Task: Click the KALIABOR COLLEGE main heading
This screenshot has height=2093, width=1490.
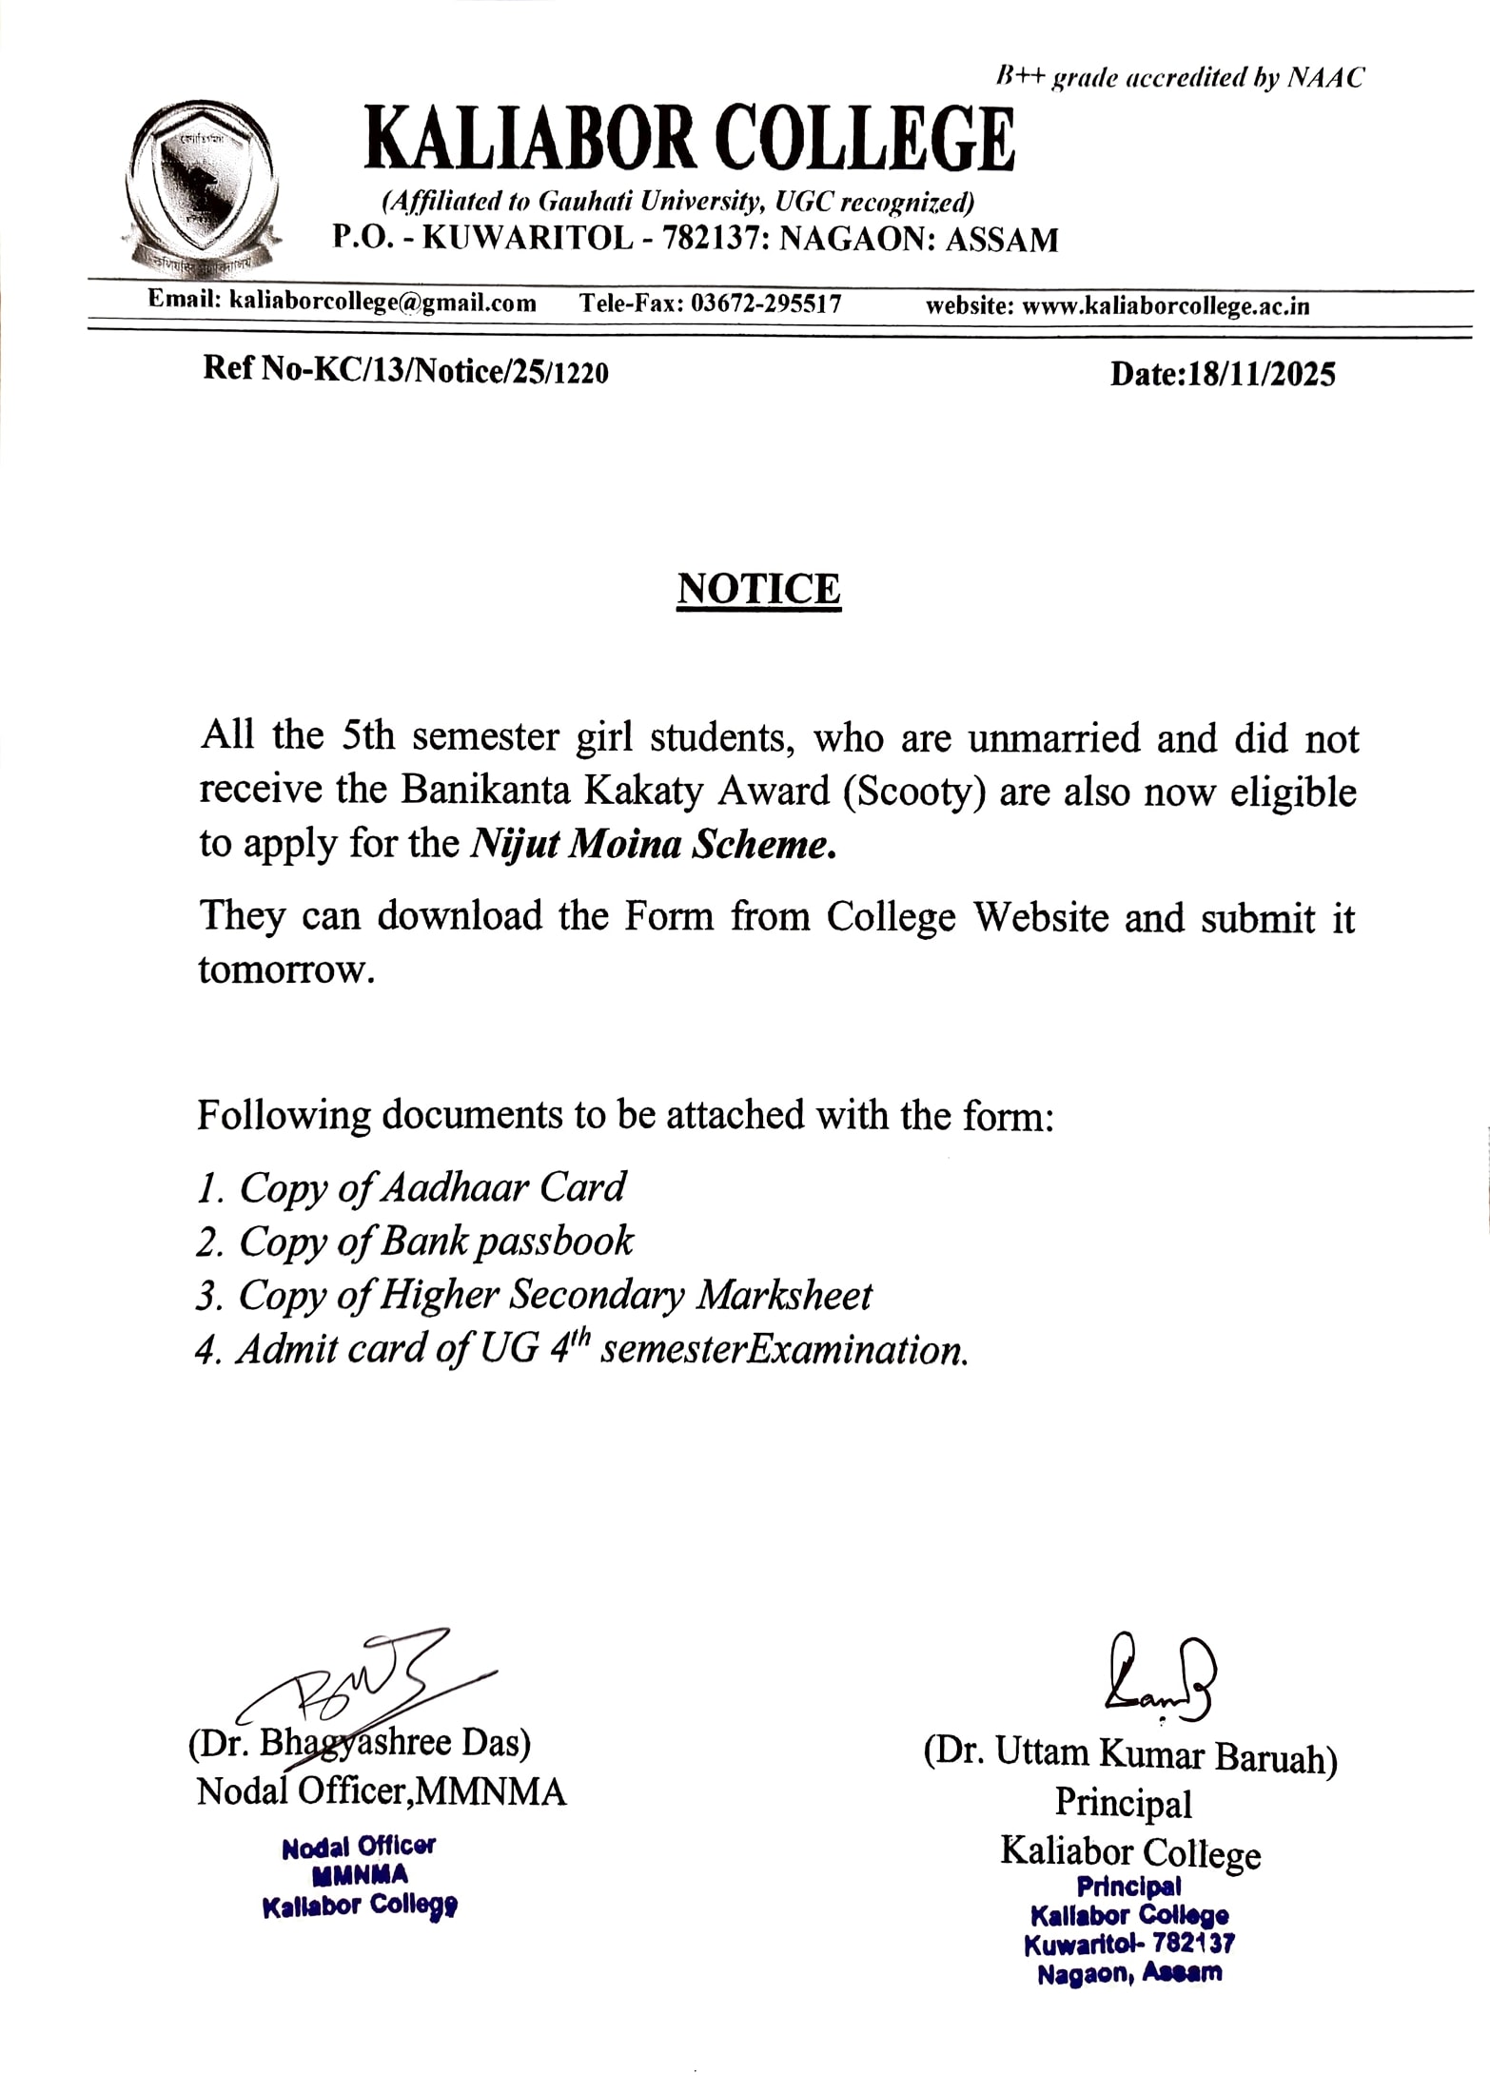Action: [690, 140]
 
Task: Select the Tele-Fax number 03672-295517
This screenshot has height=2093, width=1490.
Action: [765, 304]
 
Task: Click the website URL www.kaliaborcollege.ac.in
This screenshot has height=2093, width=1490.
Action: [1165, 306]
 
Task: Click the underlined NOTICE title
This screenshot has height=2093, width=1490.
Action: [758, 589]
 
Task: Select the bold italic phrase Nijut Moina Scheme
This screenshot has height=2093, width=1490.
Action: [654, 845]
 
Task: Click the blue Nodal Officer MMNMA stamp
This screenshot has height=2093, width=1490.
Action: [360, 1876]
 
